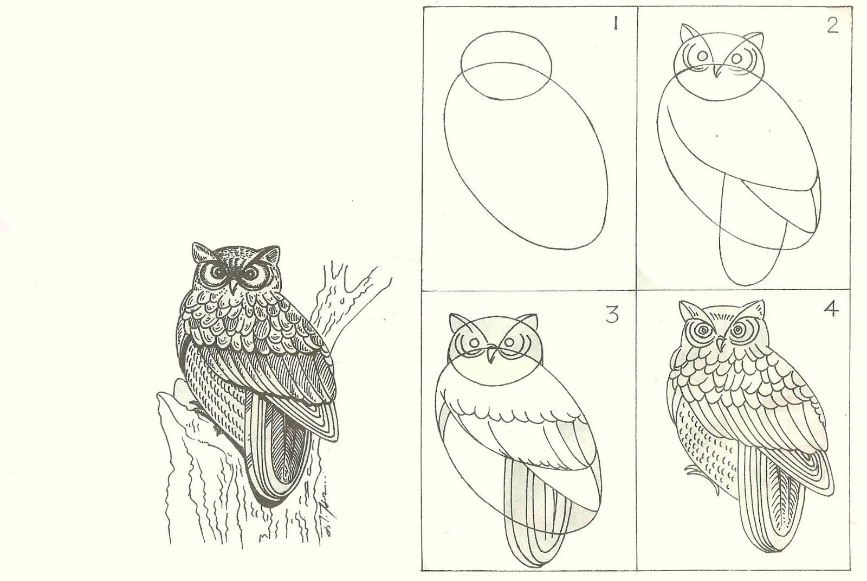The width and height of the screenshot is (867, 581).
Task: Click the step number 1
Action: click(x=614, y=24)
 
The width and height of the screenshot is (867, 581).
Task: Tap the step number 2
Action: click(x=832, y=25)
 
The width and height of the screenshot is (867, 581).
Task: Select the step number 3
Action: click(x=612, y=314)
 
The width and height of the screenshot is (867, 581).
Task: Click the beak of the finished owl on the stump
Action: click(x=233, y=288)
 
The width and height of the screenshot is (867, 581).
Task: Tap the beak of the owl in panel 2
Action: click(x=717, y=71)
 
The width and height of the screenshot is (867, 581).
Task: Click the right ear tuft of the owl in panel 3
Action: click(x=530, y=321)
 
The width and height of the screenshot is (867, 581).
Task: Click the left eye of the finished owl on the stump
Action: click(x=214, y=273)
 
